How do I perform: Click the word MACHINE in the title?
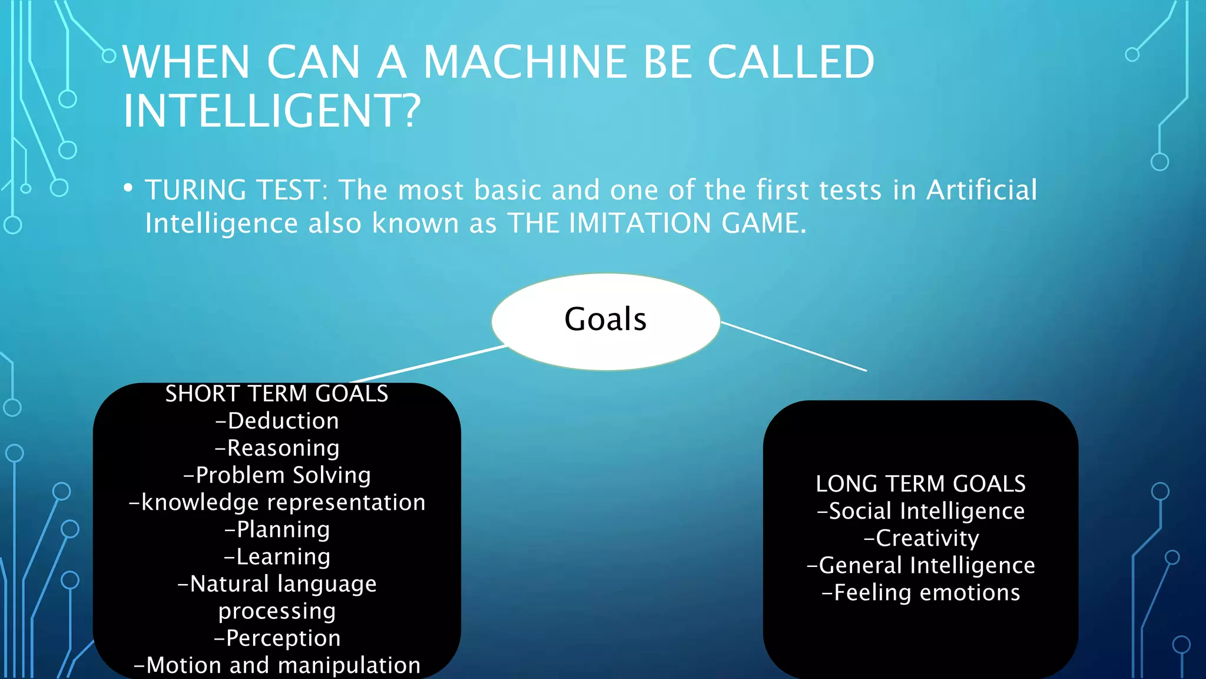pos(525,62)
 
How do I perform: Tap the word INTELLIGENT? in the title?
pos(271,111)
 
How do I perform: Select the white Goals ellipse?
pos(605,321)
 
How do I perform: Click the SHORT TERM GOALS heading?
pos(277,394)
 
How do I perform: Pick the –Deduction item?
pos(277,421)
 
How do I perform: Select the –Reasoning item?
pos(277,448)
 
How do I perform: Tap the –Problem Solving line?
pos(277,475)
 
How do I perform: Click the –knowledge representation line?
pos(277,502)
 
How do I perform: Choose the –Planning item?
pos(277,529)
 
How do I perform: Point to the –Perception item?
pos(277,638)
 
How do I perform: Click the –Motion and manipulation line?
pos(277,665)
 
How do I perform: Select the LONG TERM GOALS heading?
pos(920,484)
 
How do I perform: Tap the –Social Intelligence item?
pos(920,511)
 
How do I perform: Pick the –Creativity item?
pos(920,538)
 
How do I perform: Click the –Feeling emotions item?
pos(920,592)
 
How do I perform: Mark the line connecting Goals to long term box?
pos(794,347)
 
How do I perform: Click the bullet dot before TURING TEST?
pos(128,188)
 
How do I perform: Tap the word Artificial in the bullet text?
pos(981,190)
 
